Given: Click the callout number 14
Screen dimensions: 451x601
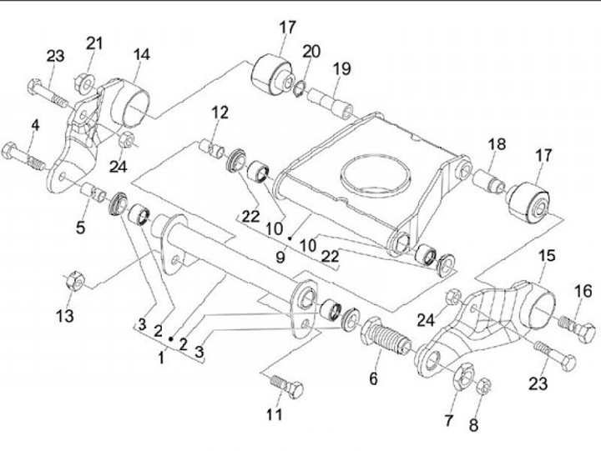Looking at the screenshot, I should pos(142,55).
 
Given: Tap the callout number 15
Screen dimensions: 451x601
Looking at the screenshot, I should pos(546,256).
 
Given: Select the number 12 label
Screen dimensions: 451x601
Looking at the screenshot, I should pos(220,113).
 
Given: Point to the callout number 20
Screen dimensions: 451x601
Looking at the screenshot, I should pos(311,52).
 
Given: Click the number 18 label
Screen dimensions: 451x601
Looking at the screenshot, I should pos(497,145).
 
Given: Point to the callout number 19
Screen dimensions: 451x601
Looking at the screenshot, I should pos(342,69).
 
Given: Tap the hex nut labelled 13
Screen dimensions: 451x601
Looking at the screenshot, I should pos(71,280).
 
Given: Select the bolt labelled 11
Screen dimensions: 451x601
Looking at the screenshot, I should pos(285,386).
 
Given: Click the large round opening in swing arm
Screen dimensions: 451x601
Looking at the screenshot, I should pos(376,173).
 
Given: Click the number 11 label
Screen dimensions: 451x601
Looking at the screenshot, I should pos(275,413).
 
